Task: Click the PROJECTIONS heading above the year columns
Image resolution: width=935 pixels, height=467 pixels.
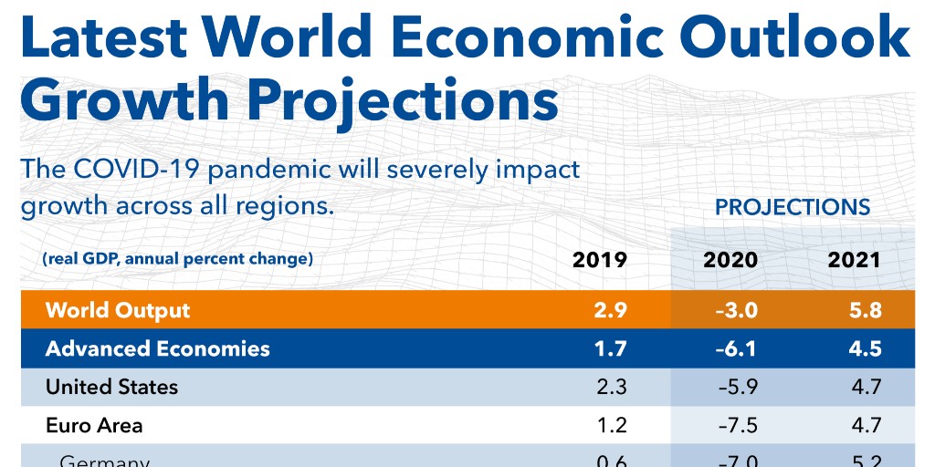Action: coord(793,207)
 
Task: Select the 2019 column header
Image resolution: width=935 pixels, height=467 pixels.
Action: coord(600,260)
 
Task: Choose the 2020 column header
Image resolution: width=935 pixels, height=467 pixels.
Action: coord(730,260)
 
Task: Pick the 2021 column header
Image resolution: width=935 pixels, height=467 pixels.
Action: coord(854,260)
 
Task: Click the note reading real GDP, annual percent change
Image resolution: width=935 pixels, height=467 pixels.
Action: coord(177,259)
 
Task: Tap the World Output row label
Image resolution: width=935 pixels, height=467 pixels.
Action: coord(118,310)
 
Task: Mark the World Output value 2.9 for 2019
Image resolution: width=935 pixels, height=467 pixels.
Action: coord(610,310)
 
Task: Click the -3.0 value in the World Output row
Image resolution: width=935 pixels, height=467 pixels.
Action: coord(736,310)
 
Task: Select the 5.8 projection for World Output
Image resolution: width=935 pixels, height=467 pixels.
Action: coord(864,310)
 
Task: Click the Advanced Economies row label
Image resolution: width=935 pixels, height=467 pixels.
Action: coord(158,348)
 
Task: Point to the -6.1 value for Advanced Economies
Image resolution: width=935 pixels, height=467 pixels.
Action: coord(736,348)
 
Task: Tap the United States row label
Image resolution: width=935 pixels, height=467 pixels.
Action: coord(111,387)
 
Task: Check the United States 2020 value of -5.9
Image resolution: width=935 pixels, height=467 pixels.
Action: coord(736,387)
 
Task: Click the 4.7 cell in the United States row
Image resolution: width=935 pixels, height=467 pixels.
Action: coord(864,387)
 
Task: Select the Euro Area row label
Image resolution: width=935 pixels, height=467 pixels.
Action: coord(94,425)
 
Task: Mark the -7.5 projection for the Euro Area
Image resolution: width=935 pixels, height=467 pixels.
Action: coord(736,425)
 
